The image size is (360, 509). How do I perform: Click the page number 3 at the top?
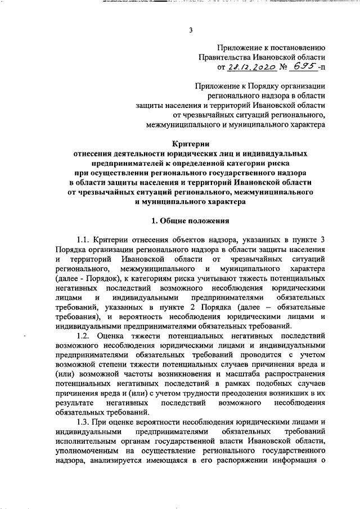(191, 30)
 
